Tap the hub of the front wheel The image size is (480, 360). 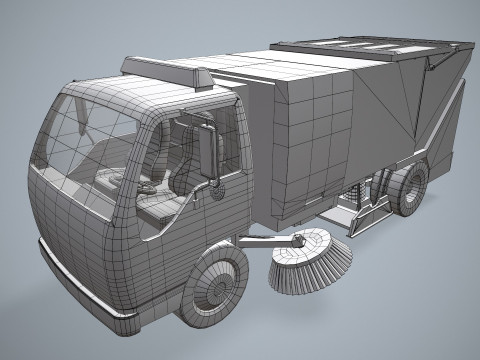coord(211,289)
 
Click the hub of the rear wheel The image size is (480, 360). coord(410,190)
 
